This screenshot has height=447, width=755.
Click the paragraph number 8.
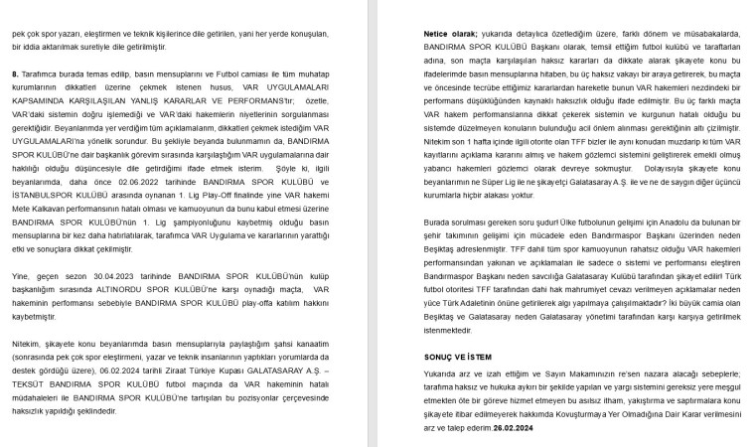pyautogui.click(x=15, y=74)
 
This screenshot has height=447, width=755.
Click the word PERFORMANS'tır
pyautogui.click(x=262, y=100)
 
